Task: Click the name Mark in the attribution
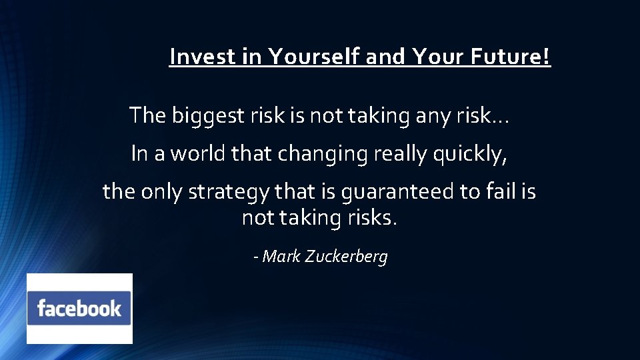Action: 281,257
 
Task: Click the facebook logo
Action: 79,309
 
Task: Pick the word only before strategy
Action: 163,192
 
